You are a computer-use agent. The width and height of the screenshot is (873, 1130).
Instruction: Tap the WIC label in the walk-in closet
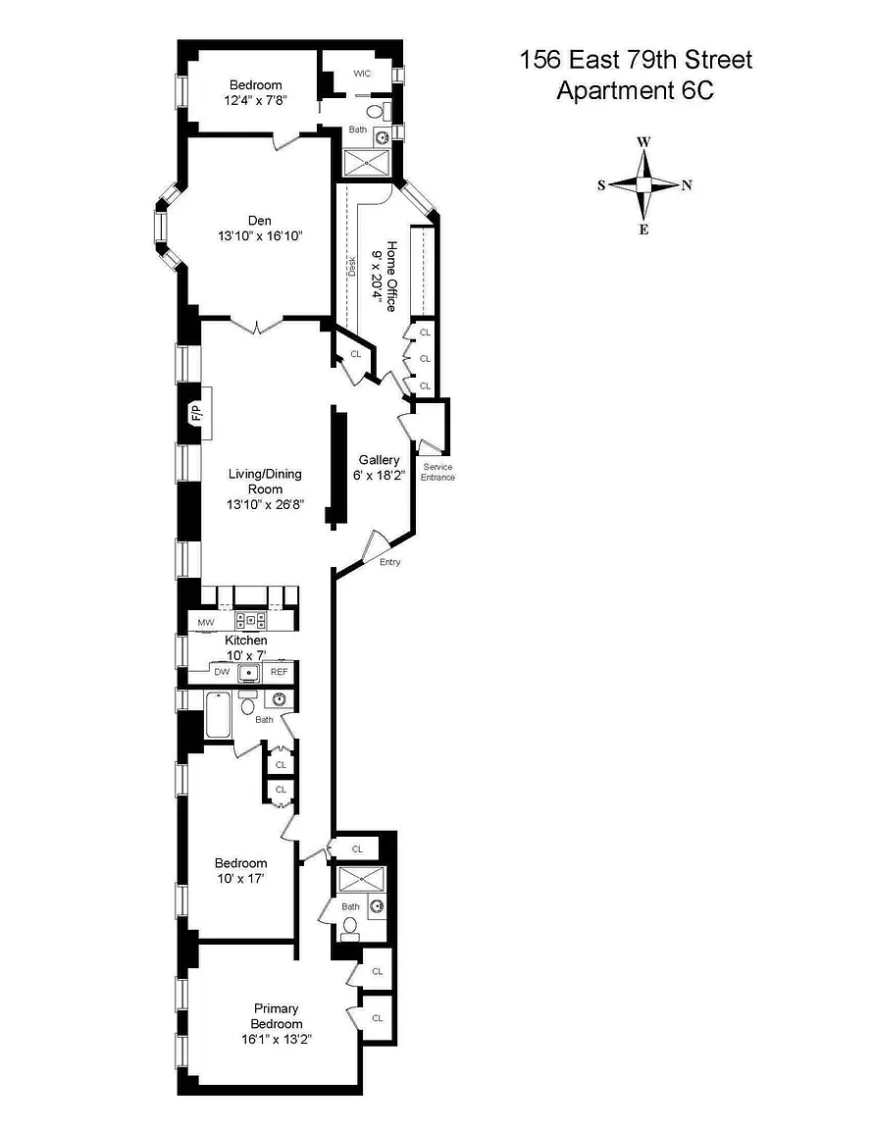pos(362,74)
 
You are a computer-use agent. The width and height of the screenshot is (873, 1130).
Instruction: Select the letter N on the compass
pos(687,185)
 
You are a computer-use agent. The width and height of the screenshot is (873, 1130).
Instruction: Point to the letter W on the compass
pos(643,141)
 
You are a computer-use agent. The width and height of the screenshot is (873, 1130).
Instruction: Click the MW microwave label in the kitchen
pos(205,623)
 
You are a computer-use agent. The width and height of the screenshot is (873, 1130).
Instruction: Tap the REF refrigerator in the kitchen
pos(279,672)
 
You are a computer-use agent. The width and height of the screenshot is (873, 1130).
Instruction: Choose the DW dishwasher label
pos(222,672)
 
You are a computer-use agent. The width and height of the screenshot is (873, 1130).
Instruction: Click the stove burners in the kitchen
pos(250,620)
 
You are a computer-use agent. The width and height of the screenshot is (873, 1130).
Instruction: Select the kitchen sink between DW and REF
pos(249,673)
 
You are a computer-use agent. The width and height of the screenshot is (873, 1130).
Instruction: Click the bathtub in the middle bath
pos(218,715)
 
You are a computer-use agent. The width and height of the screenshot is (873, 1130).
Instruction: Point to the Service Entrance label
pos(437,472)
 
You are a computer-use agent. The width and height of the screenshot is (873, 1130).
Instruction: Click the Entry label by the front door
pos(390,562)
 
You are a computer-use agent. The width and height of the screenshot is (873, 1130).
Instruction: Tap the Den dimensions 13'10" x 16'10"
pos(260,235)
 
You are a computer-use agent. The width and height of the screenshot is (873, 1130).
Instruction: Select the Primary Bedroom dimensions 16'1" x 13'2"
pos(276,1039)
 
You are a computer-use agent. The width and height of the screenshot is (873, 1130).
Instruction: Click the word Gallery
pos(380,460)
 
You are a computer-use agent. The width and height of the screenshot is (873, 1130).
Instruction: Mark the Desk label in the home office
pos(352,267)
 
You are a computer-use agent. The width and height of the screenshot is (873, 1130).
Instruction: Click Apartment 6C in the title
pos(635,91)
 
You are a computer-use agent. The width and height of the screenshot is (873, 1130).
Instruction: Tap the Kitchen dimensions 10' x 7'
pos(246,655)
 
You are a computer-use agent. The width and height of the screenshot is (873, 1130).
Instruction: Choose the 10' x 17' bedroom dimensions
pos(240,879)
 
